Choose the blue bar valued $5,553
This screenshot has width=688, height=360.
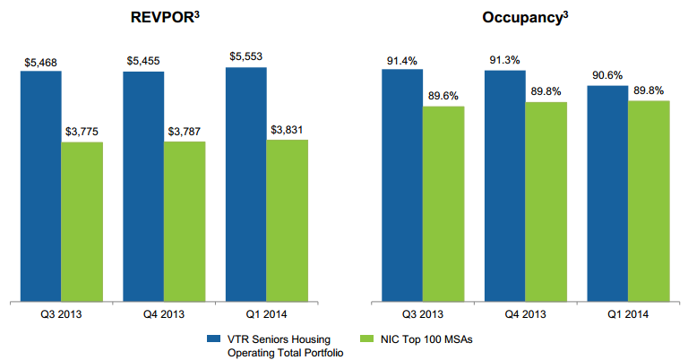[x=245, y=184]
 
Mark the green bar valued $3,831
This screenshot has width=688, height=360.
[x=287, y=221]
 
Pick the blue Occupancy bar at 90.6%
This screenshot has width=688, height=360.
[x=607, y=193]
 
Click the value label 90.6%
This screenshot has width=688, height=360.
[x=607, y=76]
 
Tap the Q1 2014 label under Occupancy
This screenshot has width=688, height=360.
[x=628, y=314]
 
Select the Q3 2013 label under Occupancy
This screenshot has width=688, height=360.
[x=423, y=314]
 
